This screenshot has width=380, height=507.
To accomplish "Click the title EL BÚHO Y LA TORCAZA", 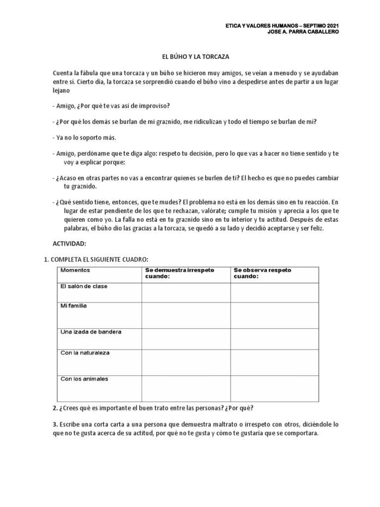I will [190, 58].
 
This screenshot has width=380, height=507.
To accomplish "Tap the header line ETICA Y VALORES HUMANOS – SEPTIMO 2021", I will [283, 26].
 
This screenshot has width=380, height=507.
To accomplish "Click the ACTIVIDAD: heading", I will [69, 244].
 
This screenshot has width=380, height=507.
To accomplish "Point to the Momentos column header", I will [75, 270].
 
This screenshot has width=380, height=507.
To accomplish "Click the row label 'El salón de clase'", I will [84, 287].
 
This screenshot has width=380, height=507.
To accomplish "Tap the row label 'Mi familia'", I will [73, 306].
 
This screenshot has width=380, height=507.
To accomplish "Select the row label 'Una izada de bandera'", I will [91, 332].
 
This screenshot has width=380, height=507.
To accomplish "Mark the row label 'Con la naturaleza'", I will [85, 353].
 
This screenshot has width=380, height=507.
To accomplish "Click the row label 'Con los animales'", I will [84, 379].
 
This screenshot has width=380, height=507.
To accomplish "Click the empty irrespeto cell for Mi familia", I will [186, 315].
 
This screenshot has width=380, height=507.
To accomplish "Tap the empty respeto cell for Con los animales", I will [274, 388].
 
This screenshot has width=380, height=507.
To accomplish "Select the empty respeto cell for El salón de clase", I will [274, 292].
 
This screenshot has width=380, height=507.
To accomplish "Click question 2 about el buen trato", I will [153, 408].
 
